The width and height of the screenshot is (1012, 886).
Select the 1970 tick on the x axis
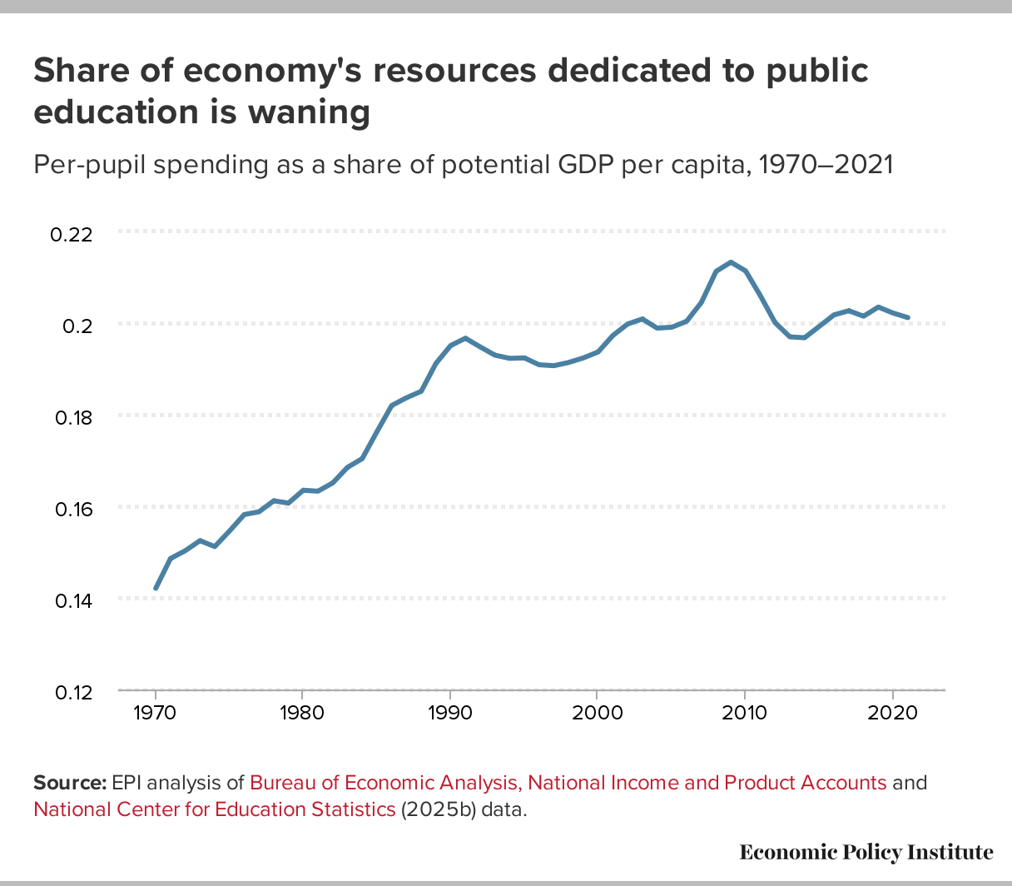[x=155, y=714]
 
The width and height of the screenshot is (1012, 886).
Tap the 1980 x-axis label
[x=302, y=714]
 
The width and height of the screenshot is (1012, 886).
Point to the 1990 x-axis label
[x=449, y=714]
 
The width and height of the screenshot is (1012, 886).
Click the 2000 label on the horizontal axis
[x=597, y=714]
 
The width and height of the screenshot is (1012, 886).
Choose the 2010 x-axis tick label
[x=744, y=714]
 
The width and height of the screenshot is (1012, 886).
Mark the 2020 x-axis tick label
[x=892, y=714]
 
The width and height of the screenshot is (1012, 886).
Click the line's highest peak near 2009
[x=731, y=262]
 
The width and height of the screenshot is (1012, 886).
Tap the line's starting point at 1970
[x=156, y=588]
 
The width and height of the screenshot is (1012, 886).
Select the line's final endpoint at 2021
[x=908, y=317]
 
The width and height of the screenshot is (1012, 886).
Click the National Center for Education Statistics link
[x=214, y=809]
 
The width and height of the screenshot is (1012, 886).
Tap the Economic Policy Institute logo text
[x=866, y=852]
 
